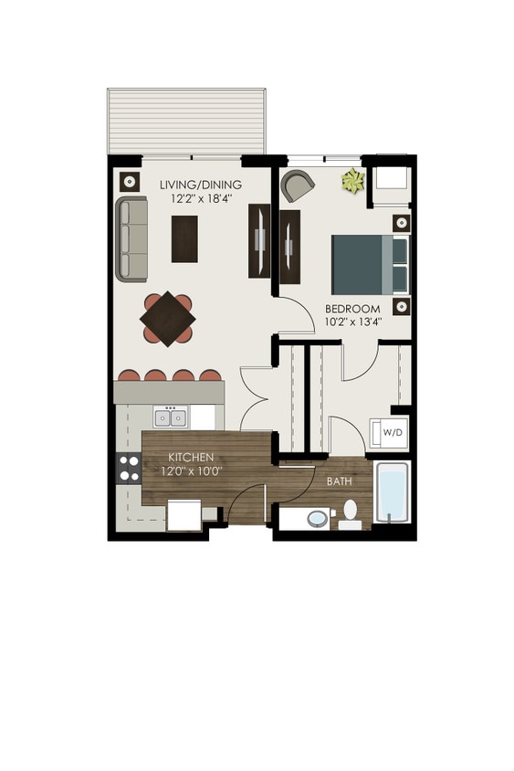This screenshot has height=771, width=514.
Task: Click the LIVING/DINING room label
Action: click(x=200, y=185)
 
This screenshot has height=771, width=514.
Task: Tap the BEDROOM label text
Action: click(x=353, y=309)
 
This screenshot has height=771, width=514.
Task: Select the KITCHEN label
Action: click(x=191, y=457)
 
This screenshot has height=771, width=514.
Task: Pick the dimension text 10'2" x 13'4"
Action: click(x=353, y=322)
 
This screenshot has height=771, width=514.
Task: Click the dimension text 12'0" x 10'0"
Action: click(x=191, y=470)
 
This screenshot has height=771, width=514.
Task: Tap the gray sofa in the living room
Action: click(x=132, y=238)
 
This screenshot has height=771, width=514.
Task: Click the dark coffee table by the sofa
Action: click(x=184, y=238)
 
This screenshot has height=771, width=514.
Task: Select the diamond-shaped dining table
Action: click(x=167, y=318)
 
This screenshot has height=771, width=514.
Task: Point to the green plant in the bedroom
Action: click(x=352, y=181)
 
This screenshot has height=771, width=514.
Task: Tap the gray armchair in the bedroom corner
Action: click(x=298, y=185)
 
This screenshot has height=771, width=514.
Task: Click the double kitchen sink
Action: click(x=171, y=417)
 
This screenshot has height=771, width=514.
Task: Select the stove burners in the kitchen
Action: click(x=127, y=468)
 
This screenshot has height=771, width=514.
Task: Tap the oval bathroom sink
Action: click(x=317, y=519)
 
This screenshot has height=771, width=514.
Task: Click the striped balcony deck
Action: click(x=186, y=121)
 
